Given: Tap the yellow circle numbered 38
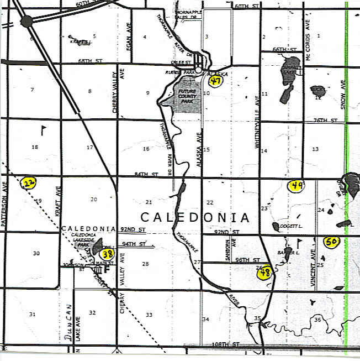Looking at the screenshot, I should point(108,254).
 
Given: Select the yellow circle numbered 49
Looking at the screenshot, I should point(297,186).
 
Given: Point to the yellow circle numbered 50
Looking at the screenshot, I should point(331,242).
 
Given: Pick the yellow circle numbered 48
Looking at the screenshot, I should point(265,272).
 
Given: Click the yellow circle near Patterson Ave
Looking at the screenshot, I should point(28,182).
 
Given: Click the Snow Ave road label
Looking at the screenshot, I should point(343,94).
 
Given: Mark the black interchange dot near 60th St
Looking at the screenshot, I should point(26,21).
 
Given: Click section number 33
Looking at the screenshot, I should point(149,315).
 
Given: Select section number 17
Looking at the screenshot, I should point(89,147).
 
